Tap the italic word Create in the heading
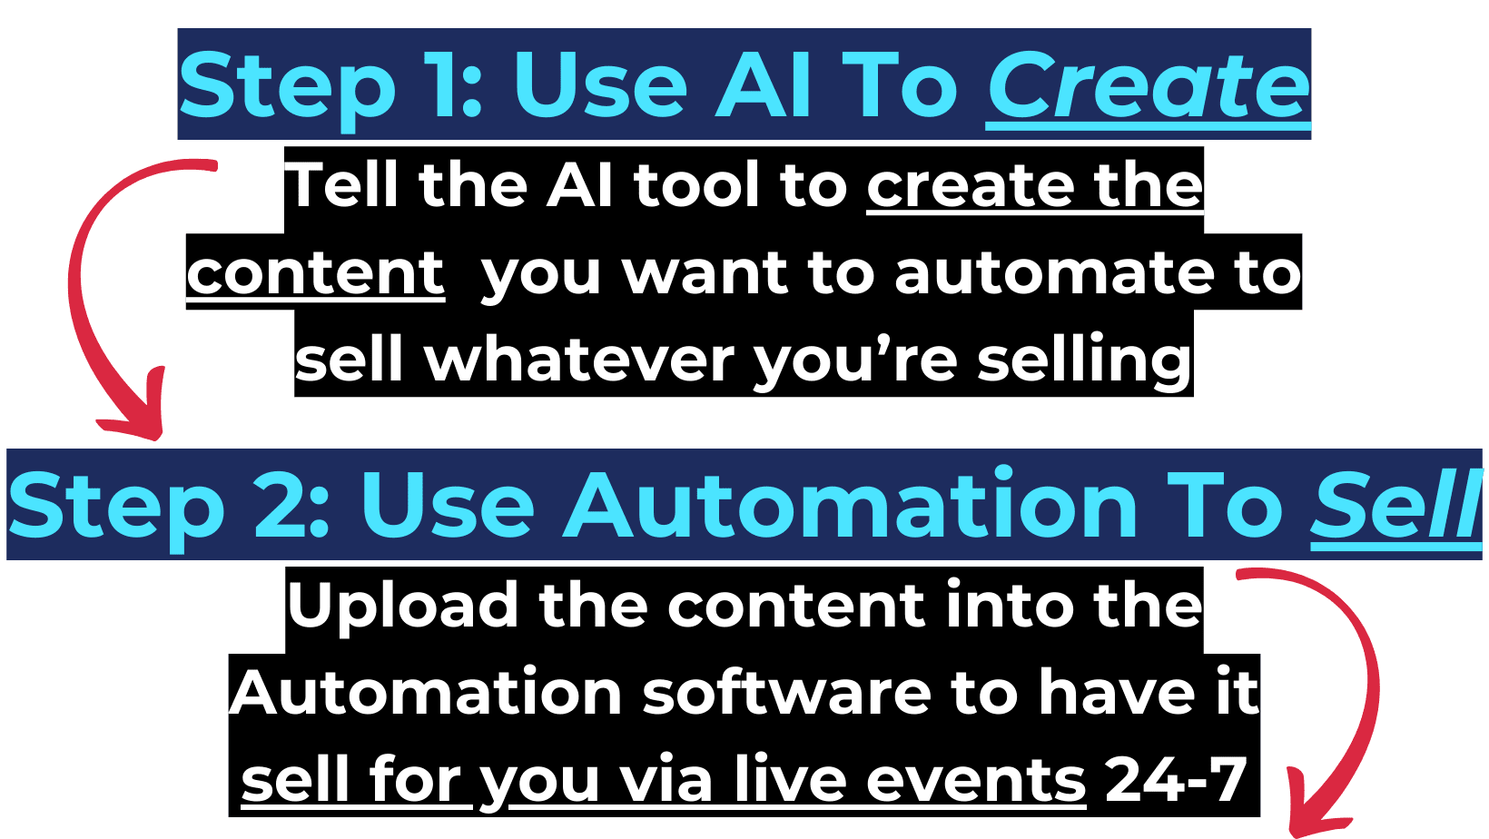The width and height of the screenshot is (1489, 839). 1149,85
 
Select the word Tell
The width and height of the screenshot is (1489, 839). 340,185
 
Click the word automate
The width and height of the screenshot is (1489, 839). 1053,272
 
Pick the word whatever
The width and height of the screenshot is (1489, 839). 579,360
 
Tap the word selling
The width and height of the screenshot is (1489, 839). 1085,362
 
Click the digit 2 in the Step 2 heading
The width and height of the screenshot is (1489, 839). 280,505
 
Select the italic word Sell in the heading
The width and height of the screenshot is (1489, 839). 1396,505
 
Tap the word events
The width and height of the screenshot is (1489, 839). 976,780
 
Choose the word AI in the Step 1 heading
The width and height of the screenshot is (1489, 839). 763,85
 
